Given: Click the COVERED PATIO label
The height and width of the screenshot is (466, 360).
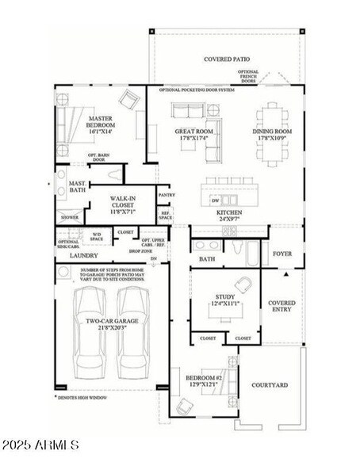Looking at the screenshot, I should tap(228, 59).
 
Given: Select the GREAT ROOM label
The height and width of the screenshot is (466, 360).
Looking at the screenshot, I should tap(193, 135).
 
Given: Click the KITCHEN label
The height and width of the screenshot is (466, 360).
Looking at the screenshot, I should tap(229, 214).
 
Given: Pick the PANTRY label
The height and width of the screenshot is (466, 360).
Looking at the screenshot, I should tap(167, 195).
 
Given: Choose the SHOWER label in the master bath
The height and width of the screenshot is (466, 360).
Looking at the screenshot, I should tap(70, 217).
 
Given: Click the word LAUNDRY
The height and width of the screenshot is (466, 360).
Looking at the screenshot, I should tap(83, 256).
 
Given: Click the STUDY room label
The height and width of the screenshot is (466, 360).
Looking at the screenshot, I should tap(224, 300).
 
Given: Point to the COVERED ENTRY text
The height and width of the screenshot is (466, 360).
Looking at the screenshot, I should tap(281, 307).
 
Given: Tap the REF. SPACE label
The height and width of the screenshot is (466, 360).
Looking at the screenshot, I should tap(166, 214).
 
